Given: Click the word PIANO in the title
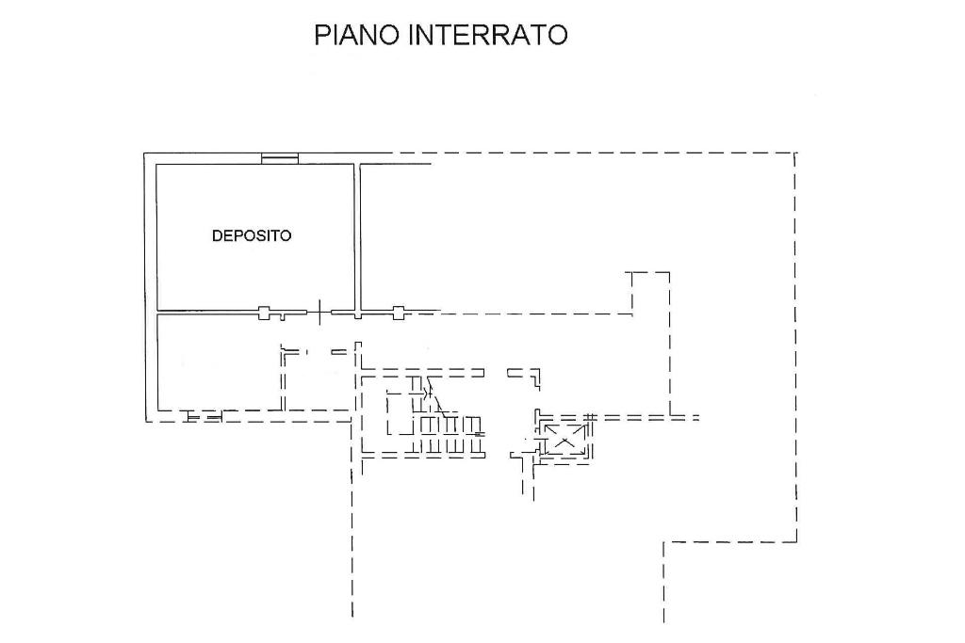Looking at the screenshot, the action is [356, 35].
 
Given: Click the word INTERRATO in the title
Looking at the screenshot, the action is [487, 35].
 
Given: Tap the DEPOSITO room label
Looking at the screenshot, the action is [251, 235].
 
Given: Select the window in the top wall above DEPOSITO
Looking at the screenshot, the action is [279, 158].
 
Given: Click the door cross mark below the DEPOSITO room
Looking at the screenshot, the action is [319, 313].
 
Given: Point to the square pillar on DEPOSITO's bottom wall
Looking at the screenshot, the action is [264, 313].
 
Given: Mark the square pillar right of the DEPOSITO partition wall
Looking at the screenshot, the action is [399, 313].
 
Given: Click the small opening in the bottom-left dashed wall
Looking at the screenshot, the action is [204, 417].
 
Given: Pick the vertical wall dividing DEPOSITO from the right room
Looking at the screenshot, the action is [357, 236].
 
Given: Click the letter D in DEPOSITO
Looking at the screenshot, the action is [216, 235].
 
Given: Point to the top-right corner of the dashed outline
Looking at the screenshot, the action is [795, 153].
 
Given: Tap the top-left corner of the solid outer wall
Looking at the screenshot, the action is [144, 153].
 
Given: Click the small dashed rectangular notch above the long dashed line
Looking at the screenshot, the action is [651, 293].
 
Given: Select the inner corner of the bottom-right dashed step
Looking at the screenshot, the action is [664, 542].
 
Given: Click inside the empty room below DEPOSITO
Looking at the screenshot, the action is [219, 362].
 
